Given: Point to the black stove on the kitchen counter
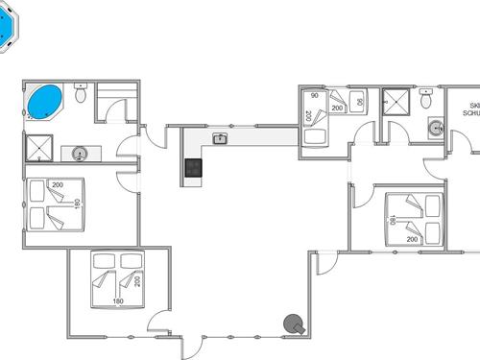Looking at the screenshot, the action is [x=194, y=168].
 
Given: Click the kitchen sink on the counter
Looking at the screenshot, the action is [x=220, y=138].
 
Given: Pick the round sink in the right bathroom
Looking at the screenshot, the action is [x=435, y=127].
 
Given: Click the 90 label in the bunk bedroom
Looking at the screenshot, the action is [x=314, y=95].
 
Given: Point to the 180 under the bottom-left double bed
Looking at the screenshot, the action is [x=118, y=301].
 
